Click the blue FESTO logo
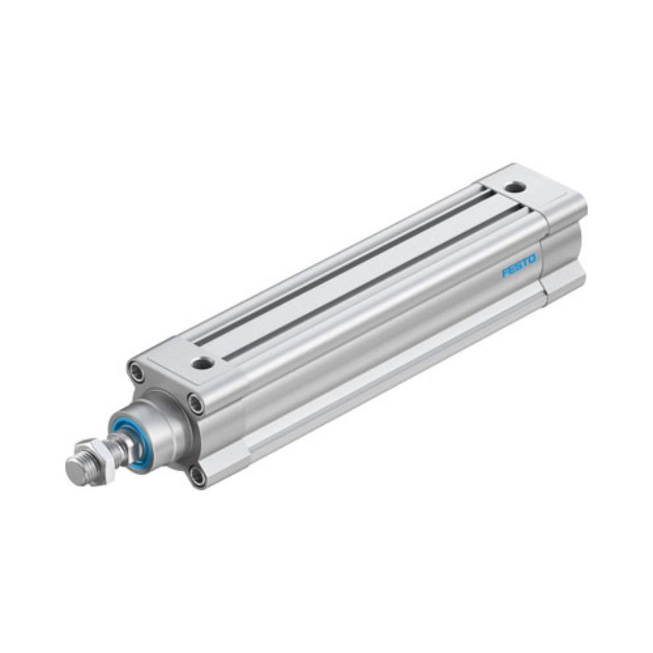[x=519, y=265]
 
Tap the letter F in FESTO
[x=505, y=272]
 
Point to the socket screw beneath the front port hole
[x=195, y=402]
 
